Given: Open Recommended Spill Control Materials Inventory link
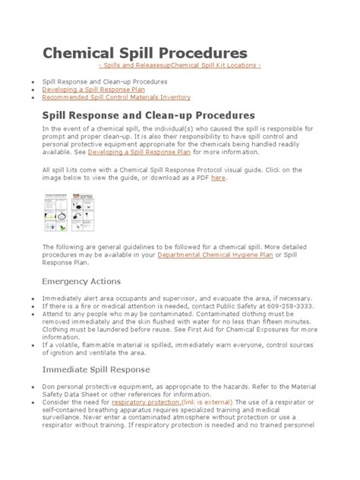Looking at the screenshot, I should pos(115,97).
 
